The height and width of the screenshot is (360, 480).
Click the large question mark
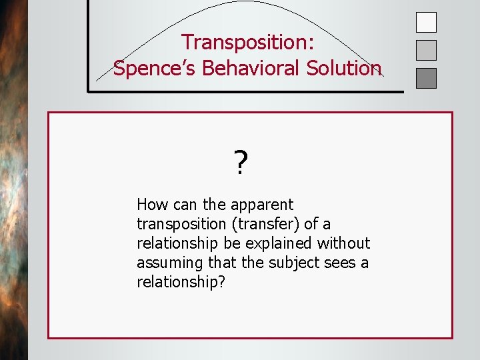(x=241, y=163)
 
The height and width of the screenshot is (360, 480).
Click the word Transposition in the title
(x=238, y=42)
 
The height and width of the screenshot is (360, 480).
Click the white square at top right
(x=426, y=23)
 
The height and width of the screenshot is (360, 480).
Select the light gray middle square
(x=426, y=51)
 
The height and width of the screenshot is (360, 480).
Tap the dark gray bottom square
(x=426, y=79)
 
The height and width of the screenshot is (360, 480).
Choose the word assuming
(x=166, y=263)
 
